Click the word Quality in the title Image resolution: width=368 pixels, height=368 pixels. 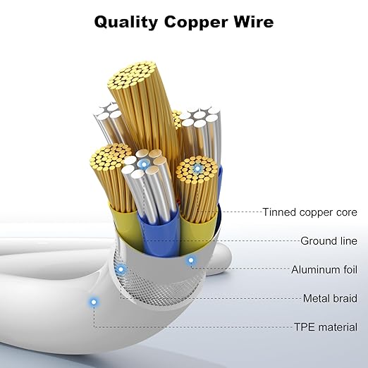click(x=126, y=23)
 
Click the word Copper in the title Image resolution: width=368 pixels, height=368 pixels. click(x=196, y=23)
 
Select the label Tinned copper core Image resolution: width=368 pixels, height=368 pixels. click(x=309, y=212)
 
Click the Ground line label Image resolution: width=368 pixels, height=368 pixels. click(x=329, y=241)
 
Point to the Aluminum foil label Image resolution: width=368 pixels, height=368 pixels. click(x=324, y=269)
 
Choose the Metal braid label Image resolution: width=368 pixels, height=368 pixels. click(x=330, y=298)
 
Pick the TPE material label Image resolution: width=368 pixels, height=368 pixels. click(x=326, y=327)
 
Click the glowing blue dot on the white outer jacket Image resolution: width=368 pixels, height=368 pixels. click(x=94, y=302)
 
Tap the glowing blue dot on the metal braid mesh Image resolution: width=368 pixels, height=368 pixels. click(x=121, y=269)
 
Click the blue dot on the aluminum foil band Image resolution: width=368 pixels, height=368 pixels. click(x=191, y=260)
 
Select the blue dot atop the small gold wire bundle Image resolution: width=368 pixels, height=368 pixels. click(x=197, y=168)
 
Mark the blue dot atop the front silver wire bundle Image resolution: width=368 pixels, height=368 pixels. click(x=143, y=163)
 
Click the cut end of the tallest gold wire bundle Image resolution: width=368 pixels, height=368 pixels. click(x=132, y=75)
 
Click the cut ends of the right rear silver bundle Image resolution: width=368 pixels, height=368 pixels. click(x=200, y=117)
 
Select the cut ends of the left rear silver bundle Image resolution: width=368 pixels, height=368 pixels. click(x=109, y=111)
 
